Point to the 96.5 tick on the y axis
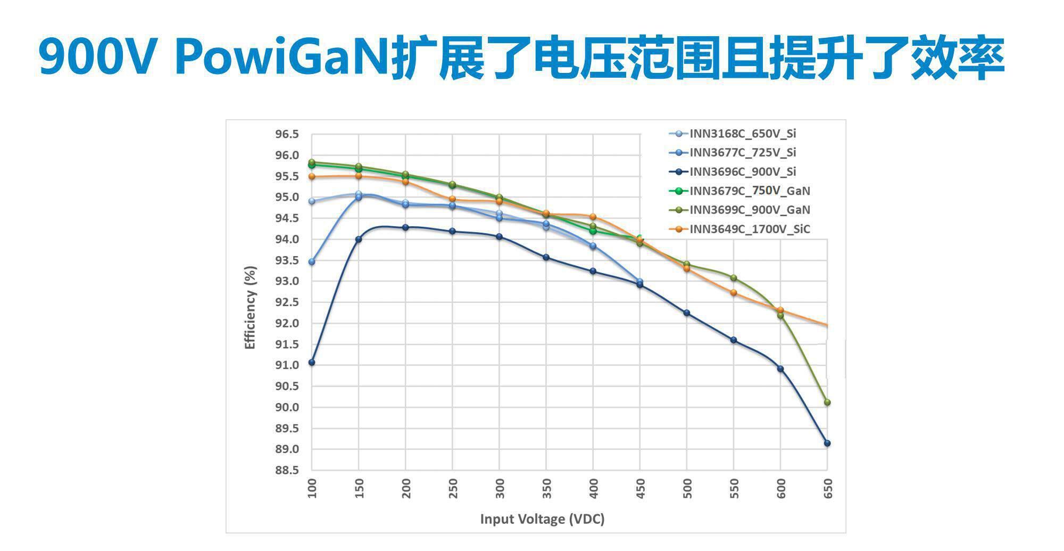(287, 134)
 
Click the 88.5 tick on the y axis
(287, 471)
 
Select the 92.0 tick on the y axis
(287, 323)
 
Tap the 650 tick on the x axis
(828, 488)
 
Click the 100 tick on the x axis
(312, 488)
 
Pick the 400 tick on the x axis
(593, 488)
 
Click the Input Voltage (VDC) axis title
(542, 519)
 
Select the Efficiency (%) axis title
(250, 308)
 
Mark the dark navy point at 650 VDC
(827, 443)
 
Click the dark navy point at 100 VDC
(312, 363)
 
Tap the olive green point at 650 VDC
(827, 402)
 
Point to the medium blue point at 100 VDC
(312, 262)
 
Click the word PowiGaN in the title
(282, 57)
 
